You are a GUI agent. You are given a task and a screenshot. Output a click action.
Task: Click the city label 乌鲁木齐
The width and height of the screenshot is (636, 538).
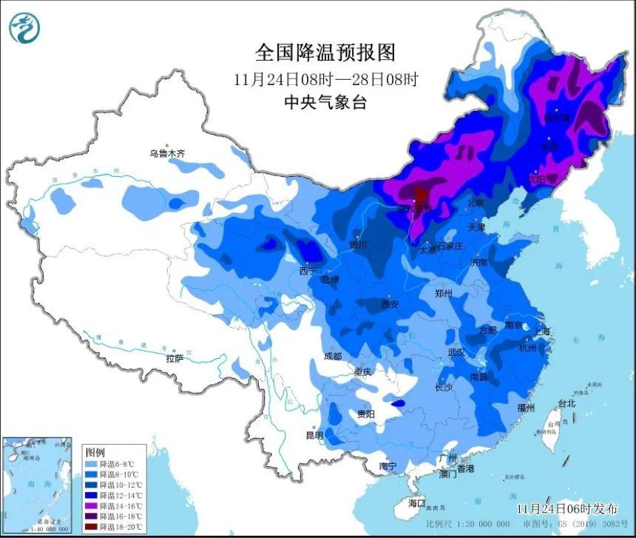pos(166,153)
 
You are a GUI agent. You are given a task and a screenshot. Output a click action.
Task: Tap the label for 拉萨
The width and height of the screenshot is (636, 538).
pos(175,358)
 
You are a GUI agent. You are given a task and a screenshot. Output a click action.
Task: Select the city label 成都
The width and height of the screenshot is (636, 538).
pos(333,356)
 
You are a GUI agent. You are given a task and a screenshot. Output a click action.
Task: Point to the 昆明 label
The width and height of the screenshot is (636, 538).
pos(314,435)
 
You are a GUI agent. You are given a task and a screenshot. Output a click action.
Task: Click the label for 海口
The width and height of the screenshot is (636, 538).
pos(417,502)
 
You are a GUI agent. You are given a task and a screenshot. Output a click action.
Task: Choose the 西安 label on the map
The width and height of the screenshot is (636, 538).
pos(390,304)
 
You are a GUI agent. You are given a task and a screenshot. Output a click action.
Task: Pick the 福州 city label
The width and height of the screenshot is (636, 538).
pos(527,408)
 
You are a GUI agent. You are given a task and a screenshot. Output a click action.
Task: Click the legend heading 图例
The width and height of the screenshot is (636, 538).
pos(95,451)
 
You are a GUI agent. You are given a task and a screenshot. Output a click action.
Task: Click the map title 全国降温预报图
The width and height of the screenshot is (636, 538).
pos(325,52)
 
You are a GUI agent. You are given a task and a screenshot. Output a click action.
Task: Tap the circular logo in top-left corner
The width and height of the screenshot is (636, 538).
pos(24,27)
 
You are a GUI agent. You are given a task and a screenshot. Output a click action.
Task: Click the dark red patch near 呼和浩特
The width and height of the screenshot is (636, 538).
pos(419,197)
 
